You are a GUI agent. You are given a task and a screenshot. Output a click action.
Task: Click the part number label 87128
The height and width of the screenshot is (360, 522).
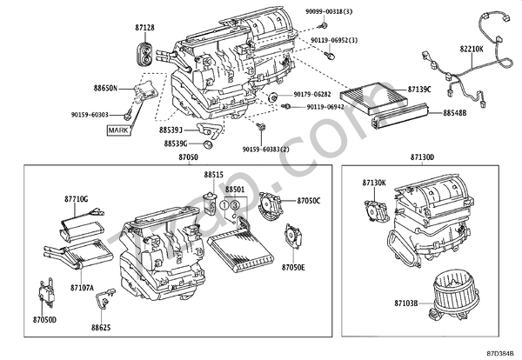coord(145,28)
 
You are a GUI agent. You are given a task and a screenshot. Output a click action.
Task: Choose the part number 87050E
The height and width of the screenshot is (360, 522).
coord(293,268)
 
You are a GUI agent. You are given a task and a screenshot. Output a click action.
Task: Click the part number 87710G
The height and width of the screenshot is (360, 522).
coord(76,199)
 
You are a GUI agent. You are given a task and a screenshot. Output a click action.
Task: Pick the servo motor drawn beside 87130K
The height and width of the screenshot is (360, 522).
coord(375,212)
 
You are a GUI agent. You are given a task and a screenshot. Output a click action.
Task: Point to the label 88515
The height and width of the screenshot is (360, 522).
coord(214,175)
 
